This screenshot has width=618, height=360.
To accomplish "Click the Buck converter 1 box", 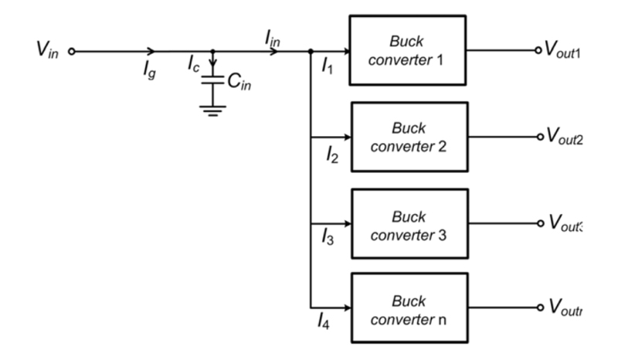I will click(409, 50).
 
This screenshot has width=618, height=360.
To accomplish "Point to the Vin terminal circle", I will click(72, 52).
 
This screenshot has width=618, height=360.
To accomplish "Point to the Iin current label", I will click(271, 36).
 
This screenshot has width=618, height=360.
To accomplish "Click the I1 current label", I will click(328, 69).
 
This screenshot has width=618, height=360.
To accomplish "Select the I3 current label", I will click(328, 240).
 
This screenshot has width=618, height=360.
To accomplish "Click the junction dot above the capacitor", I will click(212, 52).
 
